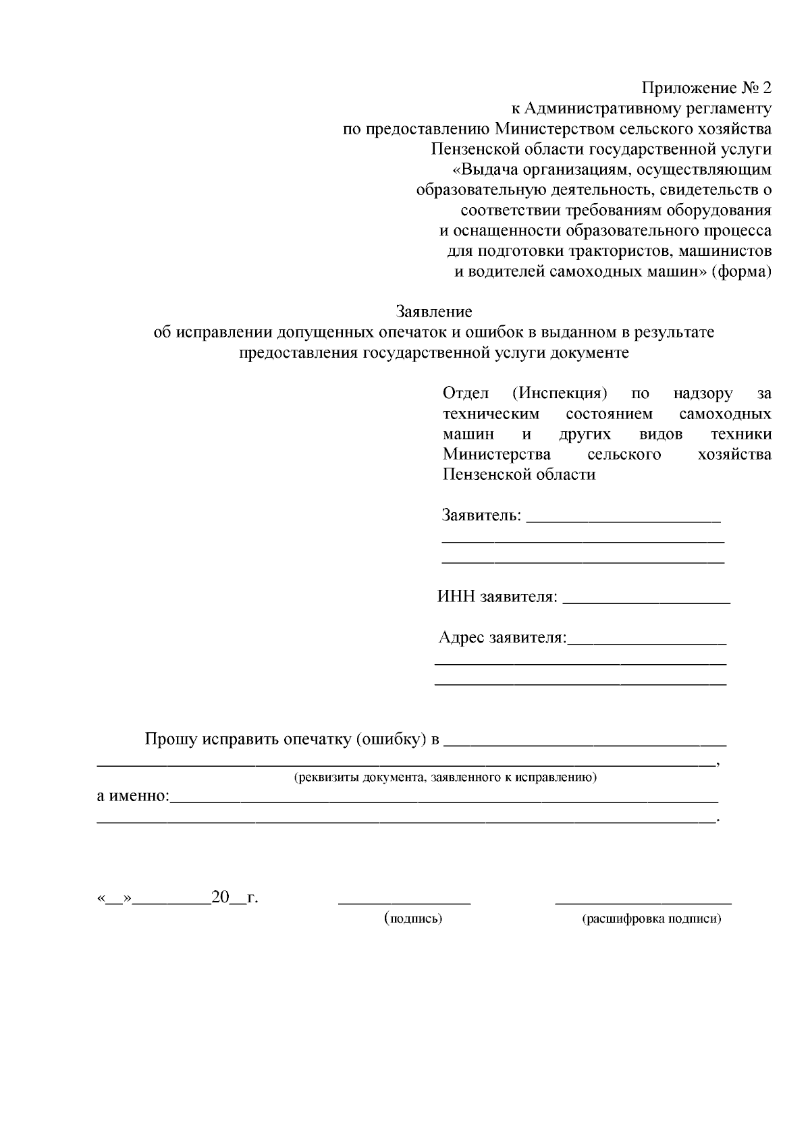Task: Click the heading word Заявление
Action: point(433,312)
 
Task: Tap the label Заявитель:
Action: point(481,516)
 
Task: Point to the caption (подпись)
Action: point(412,919)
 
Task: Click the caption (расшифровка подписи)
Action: point(651,919)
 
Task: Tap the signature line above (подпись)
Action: point(404,902)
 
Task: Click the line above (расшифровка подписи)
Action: point(643,902)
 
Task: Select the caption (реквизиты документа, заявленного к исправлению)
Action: point(445,777)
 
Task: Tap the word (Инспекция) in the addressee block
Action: point(560,393)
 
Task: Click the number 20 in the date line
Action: point(220,898)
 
